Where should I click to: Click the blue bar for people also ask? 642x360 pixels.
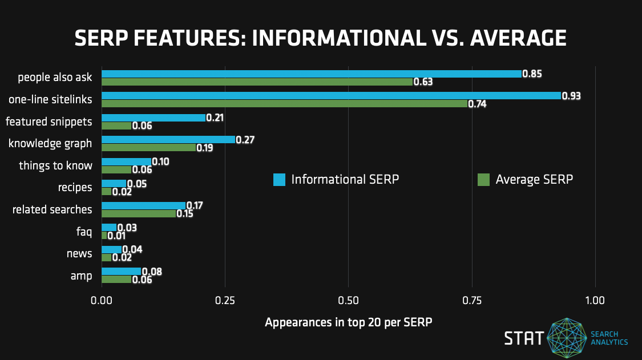click(311, 74)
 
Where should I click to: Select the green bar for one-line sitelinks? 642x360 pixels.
click(284, 104)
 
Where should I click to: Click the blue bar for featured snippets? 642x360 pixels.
click(153, 118)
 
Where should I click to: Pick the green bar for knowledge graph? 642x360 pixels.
click(148, 147)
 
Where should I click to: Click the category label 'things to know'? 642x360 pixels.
click(55, 165)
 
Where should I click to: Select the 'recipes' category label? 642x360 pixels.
click(75, 187)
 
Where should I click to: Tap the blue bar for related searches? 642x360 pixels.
click(143, 205)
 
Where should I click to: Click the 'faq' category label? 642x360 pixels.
click(84, 231)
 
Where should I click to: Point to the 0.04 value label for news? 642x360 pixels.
click(132, 249)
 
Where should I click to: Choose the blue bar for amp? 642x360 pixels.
click(121, 271)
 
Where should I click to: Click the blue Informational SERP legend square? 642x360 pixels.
click(279, 179)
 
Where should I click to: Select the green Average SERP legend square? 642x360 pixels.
click(483, 179)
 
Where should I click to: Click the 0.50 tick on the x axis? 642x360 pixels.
click(348, 300)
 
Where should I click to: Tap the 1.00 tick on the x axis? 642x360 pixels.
click(595, 300)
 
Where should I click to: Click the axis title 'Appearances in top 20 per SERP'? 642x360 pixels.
click(348, 322)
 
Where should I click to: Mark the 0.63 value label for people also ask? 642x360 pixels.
click(423, 82)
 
